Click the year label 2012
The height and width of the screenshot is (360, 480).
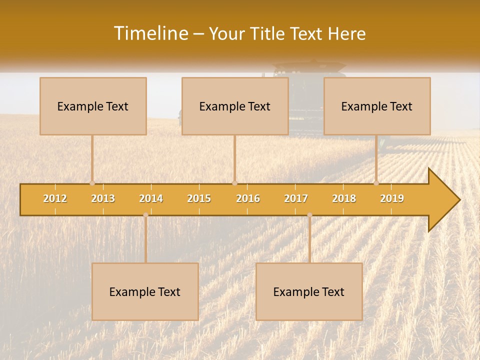coord(55,198)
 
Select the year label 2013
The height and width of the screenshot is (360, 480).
coord(103,198)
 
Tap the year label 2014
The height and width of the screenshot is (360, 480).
coord(151,198)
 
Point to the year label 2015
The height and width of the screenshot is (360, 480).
coord(199,198)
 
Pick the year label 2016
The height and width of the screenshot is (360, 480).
coord(248,198)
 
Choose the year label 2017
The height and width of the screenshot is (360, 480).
coord(296,198)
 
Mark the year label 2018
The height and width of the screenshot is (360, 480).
coord(344,198)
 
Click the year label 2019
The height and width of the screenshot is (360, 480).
coord(392,198)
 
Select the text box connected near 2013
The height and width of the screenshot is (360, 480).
coord(93,106)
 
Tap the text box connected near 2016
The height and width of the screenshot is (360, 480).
coord(235,106)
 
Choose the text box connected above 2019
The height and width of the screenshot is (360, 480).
coord(377,106)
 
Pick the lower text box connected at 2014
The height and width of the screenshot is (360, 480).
coord(145,291)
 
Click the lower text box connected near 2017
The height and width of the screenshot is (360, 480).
coord(309,291)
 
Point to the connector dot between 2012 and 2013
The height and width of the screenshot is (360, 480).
coord(92,183)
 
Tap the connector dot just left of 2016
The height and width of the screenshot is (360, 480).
coord(234,183)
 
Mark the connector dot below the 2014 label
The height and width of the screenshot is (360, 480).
coord(145,215)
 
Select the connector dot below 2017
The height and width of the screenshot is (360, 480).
coord(309,215)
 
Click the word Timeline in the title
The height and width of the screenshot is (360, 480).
coord(150,33)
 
